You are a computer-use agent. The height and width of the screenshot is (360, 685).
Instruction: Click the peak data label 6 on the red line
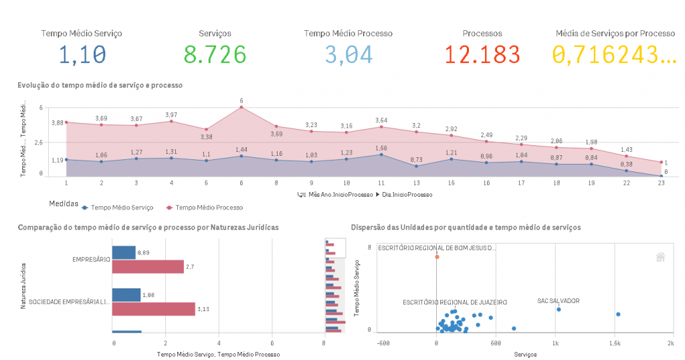tap(241, 101)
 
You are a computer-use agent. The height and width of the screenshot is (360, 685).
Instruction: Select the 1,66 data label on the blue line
tap(381, 148)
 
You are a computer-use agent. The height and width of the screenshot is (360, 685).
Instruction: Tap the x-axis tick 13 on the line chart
tap(416, 182)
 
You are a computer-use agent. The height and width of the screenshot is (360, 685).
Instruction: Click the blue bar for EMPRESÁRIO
tap(124, 252)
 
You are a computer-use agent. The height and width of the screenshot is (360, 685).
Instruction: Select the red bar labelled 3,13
tap(153, 309)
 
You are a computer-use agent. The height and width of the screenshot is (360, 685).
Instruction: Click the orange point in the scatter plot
tap(437, 256)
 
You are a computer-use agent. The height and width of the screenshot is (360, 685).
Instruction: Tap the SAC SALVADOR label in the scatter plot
tap(558, 301)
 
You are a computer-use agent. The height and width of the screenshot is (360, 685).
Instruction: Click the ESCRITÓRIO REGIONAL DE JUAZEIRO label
tap(454, 302)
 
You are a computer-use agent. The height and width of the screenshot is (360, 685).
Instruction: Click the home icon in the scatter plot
tap(660, 256)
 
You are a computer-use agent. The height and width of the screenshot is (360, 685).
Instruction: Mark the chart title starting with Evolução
tap(100, 85)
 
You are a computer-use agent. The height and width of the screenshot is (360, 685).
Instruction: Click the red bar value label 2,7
tap(189, 267)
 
